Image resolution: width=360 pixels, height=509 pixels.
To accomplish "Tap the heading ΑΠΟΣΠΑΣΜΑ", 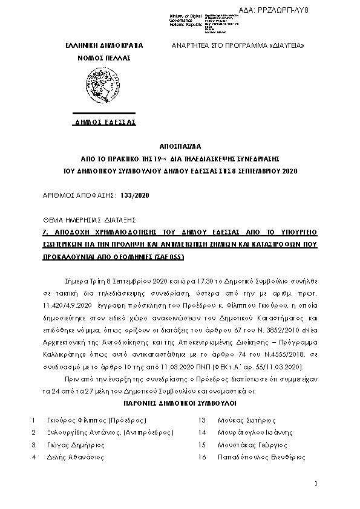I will point(180,146).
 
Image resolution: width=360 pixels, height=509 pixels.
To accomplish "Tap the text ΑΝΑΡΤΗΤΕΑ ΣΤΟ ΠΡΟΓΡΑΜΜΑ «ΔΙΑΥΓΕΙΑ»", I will point(238,46).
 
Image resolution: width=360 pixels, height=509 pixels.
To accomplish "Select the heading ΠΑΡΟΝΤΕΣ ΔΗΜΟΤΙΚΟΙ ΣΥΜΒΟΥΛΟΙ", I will point(180,402).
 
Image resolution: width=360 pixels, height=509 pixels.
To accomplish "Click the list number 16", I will point(202,458).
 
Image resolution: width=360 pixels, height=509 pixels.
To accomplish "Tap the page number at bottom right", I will point(316,484).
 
